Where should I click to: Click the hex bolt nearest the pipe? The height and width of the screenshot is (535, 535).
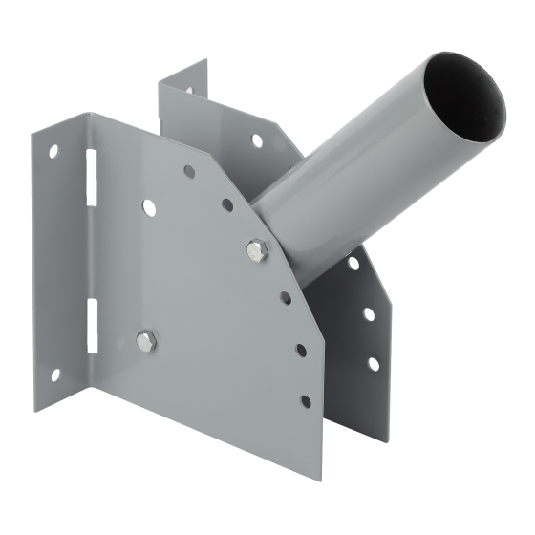click(256, 250)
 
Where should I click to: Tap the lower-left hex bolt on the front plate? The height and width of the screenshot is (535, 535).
click(145, 340)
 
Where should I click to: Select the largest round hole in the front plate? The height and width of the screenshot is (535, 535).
click(148, 205)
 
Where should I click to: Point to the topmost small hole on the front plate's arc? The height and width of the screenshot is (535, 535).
click(189, 172)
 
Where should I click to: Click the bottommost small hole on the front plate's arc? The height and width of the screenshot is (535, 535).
click(306, 401)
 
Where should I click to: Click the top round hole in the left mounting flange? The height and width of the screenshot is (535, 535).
click(53, 150)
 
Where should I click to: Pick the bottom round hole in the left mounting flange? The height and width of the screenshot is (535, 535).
click(54, 374)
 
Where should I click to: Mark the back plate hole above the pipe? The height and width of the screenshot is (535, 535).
click(256, 140)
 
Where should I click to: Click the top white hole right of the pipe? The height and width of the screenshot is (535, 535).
click(353, 261)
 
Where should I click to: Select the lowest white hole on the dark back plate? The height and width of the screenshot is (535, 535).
click(373, 364)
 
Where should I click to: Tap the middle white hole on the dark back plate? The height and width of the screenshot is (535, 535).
click(369, 313)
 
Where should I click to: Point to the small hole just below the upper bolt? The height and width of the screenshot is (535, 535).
click(286, 298)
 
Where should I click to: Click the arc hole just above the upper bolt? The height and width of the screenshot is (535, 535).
click(227, 204)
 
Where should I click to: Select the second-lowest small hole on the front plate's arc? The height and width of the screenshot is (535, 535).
click(301, 350)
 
